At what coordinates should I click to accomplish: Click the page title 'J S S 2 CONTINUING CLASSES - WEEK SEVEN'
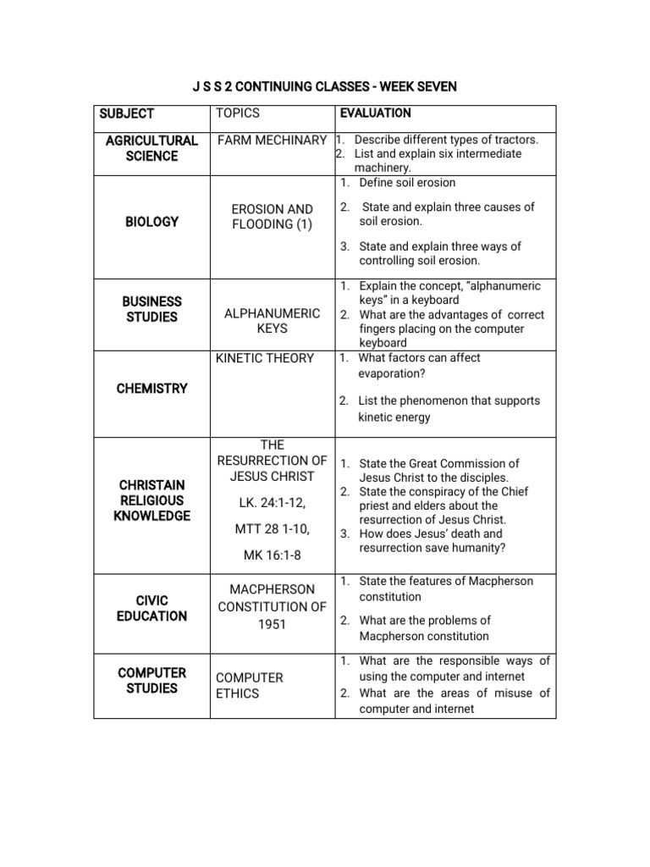pyautogui.click(x=324, y=86)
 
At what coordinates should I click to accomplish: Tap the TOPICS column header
pyautogui.click(x=238, y=113)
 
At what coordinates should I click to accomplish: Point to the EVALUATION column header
pyautogui.click(x=375, y=113)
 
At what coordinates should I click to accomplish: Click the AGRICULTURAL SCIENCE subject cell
pyautogui.click(x=151, y=148)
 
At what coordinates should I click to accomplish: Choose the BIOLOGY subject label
pyautogui.click(x=152, y=222)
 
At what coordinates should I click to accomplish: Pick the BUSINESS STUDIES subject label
pyautogui.click(x=151, y=309)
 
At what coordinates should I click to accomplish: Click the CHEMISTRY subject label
pyautogui.click(x=152, y=389)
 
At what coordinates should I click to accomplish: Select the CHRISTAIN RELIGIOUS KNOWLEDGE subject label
pyautogui.click(x=152, y=500)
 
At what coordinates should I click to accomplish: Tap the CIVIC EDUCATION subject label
pyautogui.click(x=152, y=608)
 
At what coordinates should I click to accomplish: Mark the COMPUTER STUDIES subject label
pyautogui.click(x=152, y=681)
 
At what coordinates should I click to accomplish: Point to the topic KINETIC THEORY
pyautogui.click(x=265, y=358)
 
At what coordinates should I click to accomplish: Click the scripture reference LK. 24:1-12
pyautogui.click(x=272, y=504)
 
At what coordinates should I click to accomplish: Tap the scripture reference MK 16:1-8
pyautogui.click(x=272, y=555)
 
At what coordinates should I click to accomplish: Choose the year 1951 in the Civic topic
pyautogui.click(x=272, y=625)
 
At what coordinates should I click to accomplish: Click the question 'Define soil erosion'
pyautogui.click(x=407, y=183)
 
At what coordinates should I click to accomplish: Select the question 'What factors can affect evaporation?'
pyautogui.click(x=419, y=366)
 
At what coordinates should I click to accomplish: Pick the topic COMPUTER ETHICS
pyautogui.click(x=250, y=686)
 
